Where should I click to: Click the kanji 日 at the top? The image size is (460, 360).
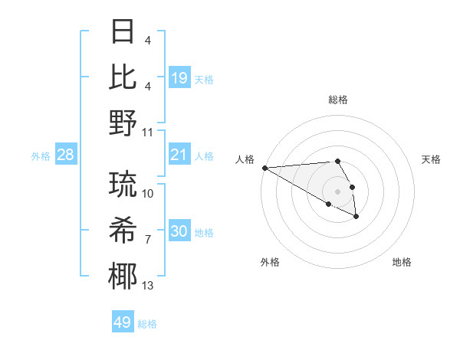click(x=123, y=33)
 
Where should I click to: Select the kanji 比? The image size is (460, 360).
click(x=123, y=77)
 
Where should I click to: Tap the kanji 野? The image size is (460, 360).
click(x=123, y=123)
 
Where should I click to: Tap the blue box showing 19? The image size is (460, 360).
click(x=179, y=78)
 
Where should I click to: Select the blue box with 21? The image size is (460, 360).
click(x=179, y=155)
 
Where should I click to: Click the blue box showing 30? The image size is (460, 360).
click(x=179, y=231)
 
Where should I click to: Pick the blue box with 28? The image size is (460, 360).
click(x=66, y=155)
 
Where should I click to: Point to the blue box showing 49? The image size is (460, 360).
click(x=123, y=322)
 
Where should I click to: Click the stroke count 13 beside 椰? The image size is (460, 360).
click(x=148, y=286)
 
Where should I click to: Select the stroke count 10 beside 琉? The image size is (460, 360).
click(x=148, y=195)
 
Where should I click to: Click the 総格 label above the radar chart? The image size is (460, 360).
click(x=337, y=100)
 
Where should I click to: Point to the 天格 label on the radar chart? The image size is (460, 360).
click(x=431, y=159)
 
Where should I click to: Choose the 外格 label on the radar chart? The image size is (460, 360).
click(x=270, y=262)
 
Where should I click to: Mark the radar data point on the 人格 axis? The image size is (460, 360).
click(x=264, y=167)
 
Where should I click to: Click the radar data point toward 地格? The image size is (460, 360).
click(x=356, y=217)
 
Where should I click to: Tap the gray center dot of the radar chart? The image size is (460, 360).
click(x=337, y=191)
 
